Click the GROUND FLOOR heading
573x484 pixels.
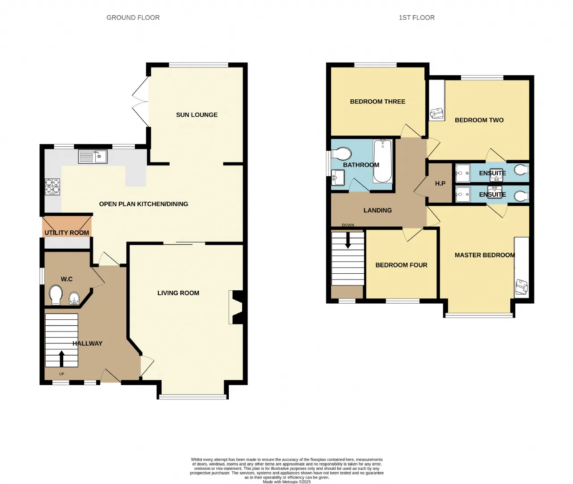pos(133,18)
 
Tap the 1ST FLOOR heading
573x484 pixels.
pos(417,18)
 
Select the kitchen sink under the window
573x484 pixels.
pos(93,157)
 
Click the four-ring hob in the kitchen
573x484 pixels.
pos(52,187)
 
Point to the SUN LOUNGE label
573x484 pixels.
pos(197,115)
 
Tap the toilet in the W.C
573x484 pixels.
pos(56,295)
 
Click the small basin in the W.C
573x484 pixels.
pos(74,298)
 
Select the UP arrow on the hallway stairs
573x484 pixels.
pos(61,359)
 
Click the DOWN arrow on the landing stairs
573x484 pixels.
pos(348,240)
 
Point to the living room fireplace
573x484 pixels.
pos(236,307)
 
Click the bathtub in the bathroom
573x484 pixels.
pos(383,161)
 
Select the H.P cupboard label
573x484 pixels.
pos(440,183)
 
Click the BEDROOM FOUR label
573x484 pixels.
pos(402,265)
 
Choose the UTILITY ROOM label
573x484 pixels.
pos(67,233)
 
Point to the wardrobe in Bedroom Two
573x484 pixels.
pos(437,100)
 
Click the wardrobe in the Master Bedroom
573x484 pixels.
pos(522,267)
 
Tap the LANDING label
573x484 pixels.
pos(377,210)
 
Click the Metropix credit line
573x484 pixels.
pos(286,482)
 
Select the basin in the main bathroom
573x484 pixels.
pos(338,177)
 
